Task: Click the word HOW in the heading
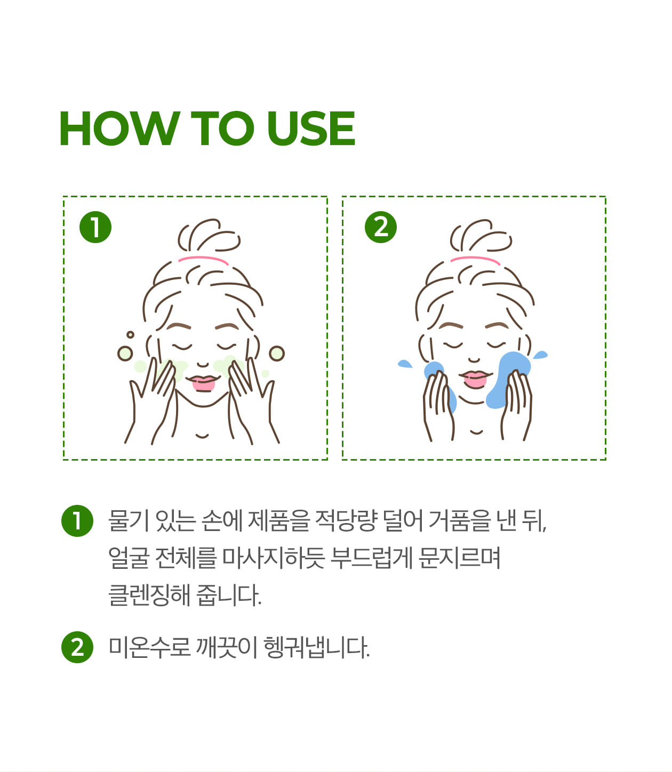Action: [x=119, y=128]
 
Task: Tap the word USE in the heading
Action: [x=311, y=128]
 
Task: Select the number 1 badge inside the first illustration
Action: [x=95, y=227]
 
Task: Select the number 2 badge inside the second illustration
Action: [x=381, y=227]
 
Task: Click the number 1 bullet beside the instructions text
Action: [x=77, y=521]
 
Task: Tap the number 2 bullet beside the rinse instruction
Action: [x=77, y=647]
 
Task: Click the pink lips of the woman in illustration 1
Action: [x=204, y=383]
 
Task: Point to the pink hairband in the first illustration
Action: [x=204, y=259]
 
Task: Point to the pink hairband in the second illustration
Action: [x=475, y=259]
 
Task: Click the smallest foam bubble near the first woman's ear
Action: [x=130, y=335]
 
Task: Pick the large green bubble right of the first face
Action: [x=277, y=353]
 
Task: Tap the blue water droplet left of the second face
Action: [x=405, y=364]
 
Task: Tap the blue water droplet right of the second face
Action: [x=540, y=355]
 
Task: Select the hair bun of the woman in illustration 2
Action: [x=481, y=236]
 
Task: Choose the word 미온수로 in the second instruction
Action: [x=149, y=647]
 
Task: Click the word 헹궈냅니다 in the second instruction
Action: [x=316, y=647]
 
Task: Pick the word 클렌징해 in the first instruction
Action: [x=149, y=595]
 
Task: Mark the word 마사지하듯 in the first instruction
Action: [x=274, y=558]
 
